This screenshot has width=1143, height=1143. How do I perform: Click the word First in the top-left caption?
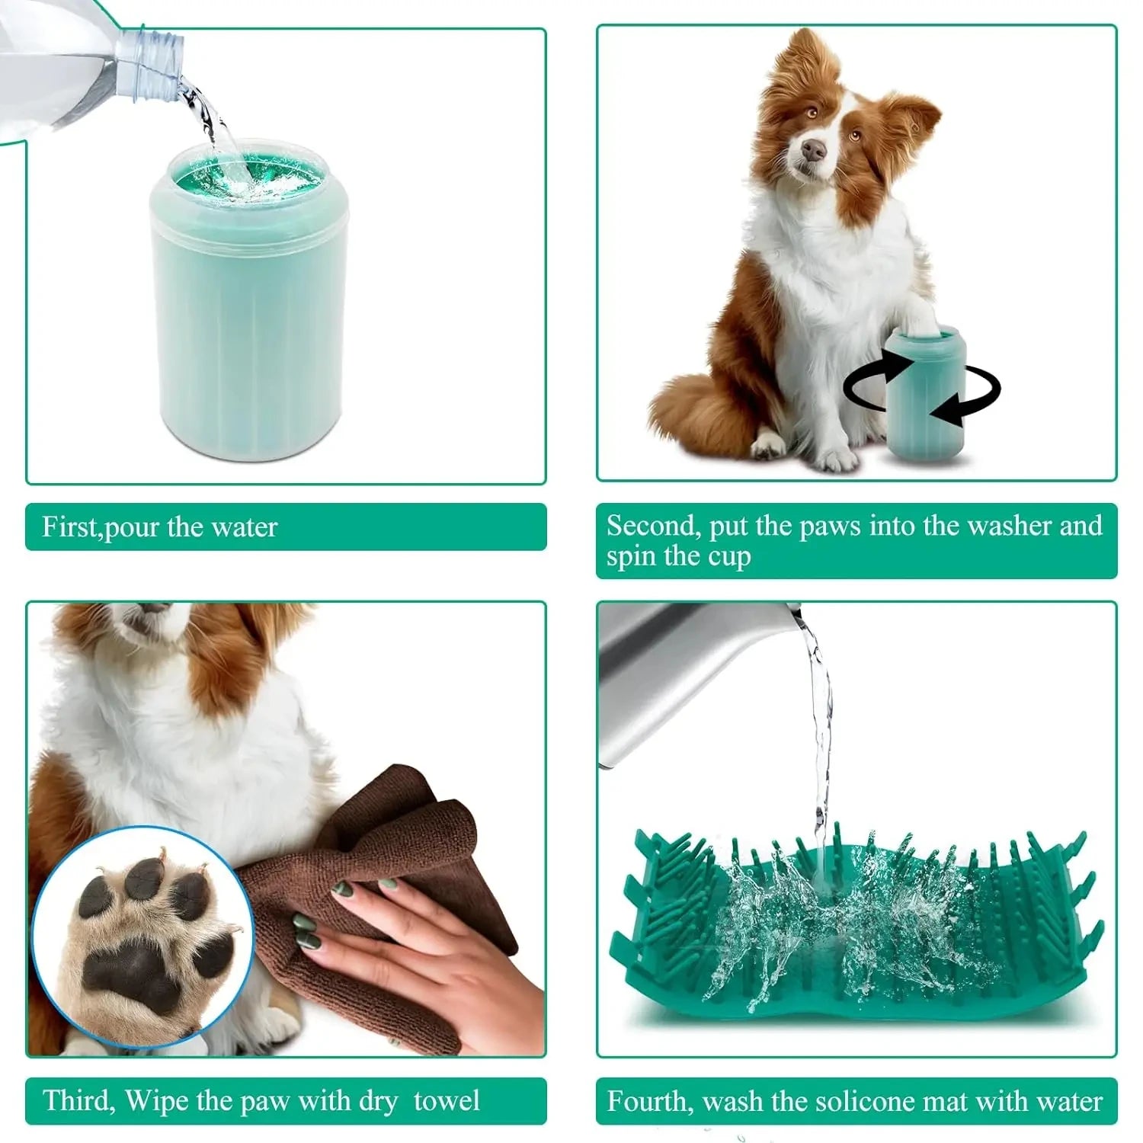point(70,527)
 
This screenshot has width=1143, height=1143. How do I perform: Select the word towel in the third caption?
point(447,1101)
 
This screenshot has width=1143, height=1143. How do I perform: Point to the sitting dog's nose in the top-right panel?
point(814,150)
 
